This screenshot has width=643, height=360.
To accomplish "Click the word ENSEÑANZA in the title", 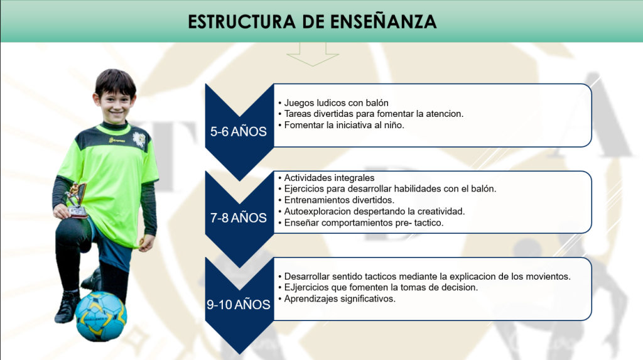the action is pyautogui.click(x=383, y=21).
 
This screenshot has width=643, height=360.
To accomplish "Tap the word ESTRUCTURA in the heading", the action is pyautogui.click(x=242, y=22).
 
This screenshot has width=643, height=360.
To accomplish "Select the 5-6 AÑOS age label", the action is pyautogui.click(x=238, y=131).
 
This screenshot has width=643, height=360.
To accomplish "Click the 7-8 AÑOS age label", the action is pyautogui.click(x=238, y=217).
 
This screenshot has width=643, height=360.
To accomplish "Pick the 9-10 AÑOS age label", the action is pyautogui.click(x=238, y=305).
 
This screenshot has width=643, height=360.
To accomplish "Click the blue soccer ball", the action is pyautogui.click(x=101, y=316).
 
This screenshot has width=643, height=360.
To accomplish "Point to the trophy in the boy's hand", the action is pyautogui.click(x=77, y=200).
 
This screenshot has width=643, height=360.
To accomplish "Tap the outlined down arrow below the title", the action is pyautogui.click(x=313, y=54).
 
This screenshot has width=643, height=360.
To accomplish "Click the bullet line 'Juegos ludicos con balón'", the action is pyautogui.click(x=333, y=102).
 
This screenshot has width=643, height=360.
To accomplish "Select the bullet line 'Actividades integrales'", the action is pyautogui.click(x=327, y=178).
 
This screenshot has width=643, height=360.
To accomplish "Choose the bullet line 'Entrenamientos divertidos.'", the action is pyautogui.click(x=337, y=200).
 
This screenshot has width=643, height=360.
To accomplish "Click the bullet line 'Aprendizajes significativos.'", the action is pyautogui.click(x=337, y=298).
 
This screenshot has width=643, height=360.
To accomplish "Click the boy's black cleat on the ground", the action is pyautogui.click(x=67, y=307).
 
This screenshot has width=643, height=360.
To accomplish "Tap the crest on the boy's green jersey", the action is pyautogui.click(x=139, y=139).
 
